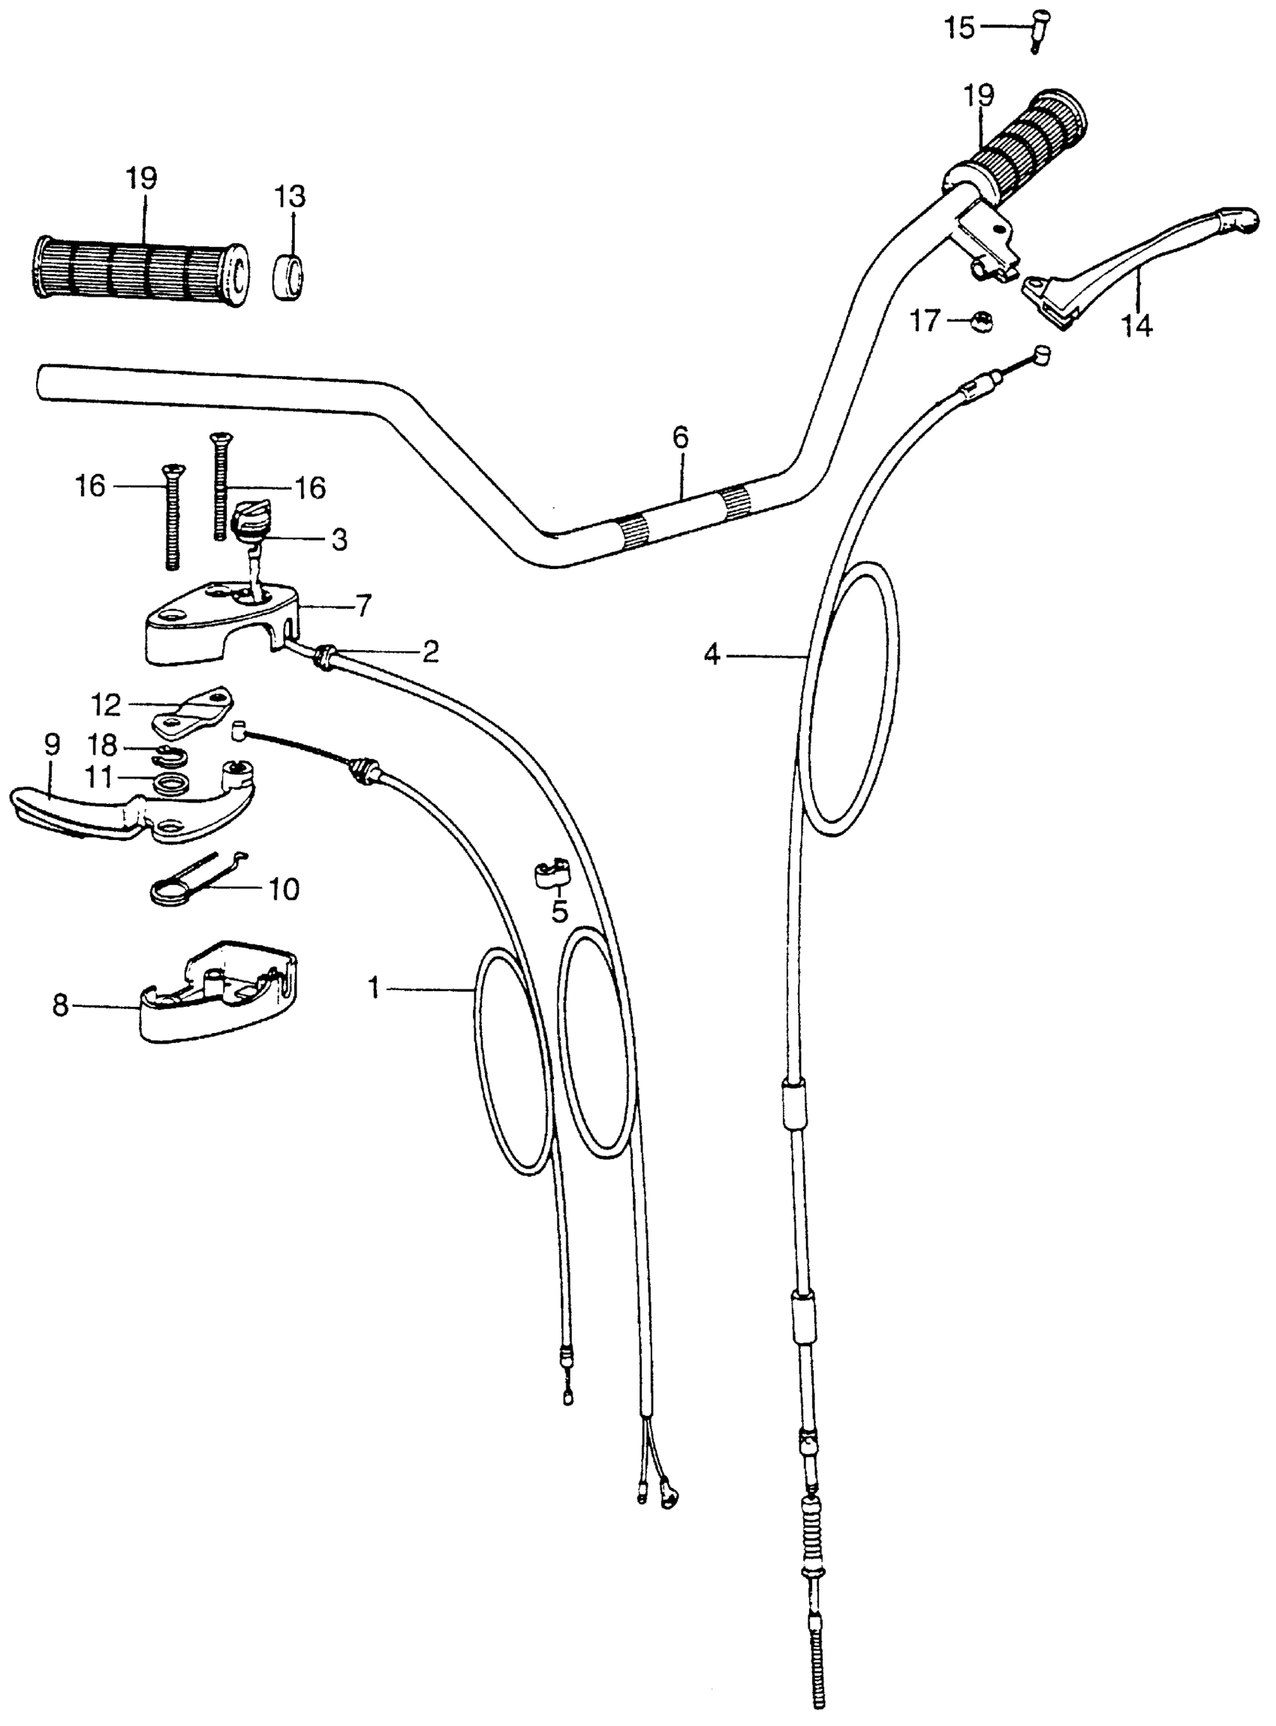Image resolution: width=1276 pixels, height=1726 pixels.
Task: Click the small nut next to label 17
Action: coord(982,321)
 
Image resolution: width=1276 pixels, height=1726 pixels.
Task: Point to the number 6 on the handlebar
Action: coord(680,437)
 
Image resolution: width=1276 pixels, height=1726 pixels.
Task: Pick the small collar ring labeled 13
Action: coord(290,274)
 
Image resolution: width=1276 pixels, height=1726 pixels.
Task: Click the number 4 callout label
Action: coord(712,657)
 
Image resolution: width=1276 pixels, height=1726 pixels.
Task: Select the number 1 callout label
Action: coord(375,988)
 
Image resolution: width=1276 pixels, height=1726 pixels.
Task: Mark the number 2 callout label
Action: coord(430,652)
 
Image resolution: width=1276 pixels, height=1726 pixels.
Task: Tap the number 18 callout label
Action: coord(102,746)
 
